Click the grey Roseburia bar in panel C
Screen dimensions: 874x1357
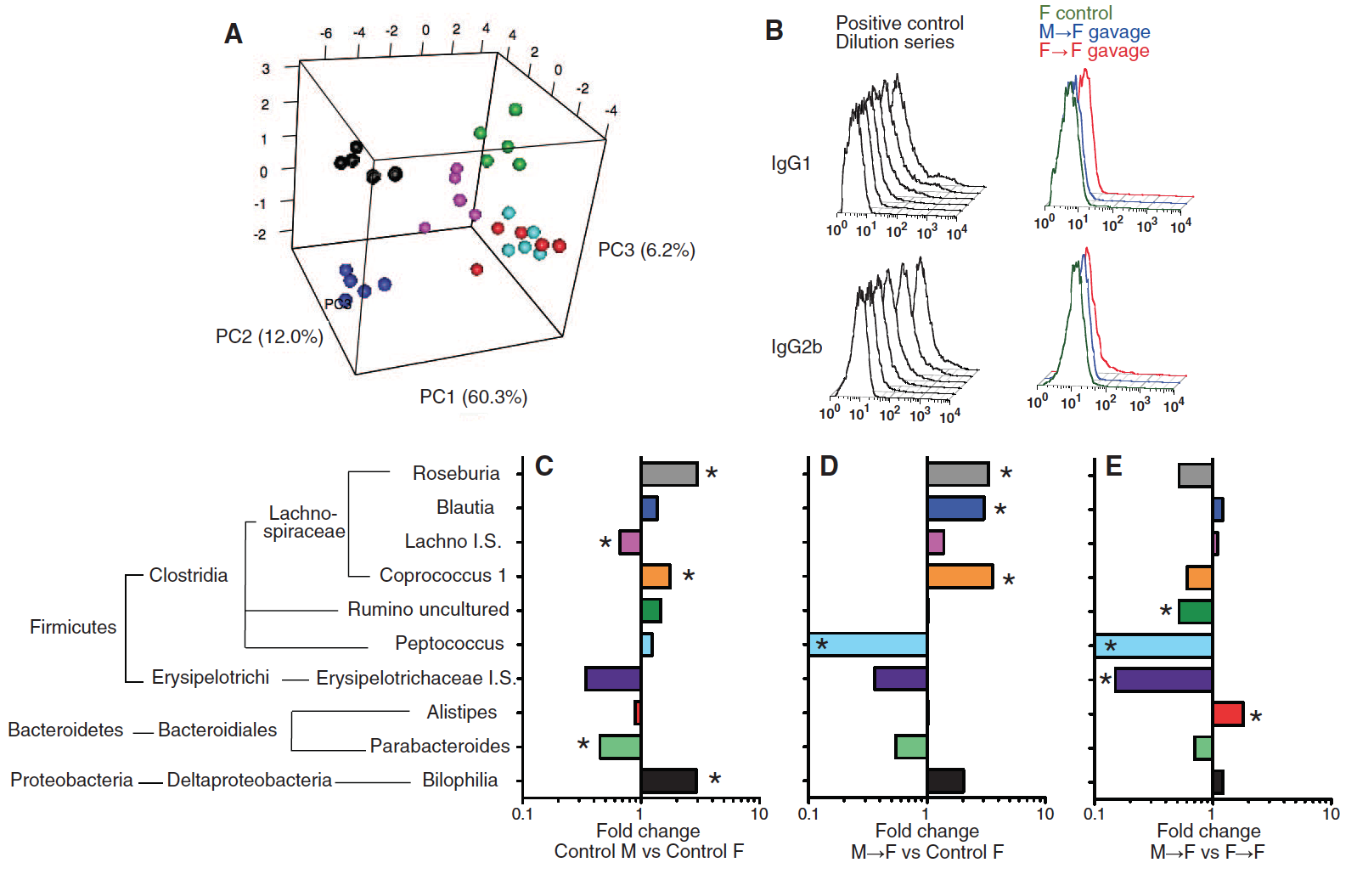[669, 474]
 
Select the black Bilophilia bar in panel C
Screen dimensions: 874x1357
[669, 781]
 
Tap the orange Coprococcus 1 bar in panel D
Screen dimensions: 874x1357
[960, 577]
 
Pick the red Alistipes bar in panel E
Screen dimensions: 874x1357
[1228, 713]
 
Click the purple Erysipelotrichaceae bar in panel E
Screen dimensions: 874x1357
[1163, 679]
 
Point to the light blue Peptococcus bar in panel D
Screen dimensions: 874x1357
[868, 645]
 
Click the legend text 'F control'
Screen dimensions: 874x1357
[1075, 13]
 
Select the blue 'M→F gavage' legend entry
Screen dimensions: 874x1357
[1094, 32]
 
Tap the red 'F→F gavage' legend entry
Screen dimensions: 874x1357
[1094, 51]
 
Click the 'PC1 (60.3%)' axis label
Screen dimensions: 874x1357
[473, 397]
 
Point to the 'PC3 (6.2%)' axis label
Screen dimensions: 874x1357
[646, 250]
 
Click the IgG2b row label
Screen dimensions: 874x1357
[796, 347]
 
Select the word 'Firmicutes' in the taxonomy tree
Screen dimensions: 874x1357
[73, 627]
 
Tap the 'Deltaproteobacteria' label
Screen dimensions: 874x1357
[249, 780]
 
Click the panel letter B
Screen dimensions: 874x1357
[774, 31]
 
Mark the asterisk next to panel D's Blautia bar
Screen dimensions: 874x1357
[1000, 510]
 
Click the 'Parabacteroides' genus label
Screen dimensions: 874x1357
[439, 746]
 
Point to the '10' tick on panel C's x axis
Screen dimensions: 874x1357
[758, 814]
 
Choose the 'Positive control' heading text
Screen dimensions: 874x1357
[899, 23]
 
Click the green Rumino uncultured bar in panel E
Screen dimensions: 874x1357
[1195, 612]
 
